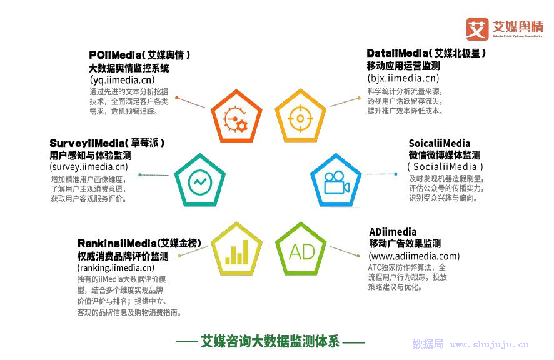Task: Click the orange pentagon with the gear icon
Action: (x=236, y=116)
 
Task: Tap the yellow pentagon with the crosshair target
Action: (x=300, y=116)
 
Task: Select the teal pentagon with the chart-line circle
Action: (x=200, y=181)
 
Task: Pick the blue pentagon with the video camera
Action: (x=336, y=181)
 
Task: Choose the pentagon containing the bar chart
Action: (x=236, y=249)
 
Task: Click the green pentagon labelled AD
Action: (x=301, y=249)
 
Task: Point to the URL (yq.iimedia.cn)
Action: (x=123, y=80)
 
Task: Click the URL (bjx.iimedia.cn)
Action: (x=403, y=78)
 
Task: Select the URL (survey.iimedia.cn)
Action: (x=89, y=166)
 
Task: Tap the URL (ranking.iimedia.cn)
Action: (x=116, y=267)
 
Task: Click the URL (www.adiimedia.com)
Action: (x=414, y=256)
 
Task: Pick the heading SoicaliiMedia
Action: (x=440, y=143)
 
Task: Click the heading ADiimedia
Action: (x=393, y=232)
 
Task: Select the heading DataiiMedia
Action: (x=397, y=53)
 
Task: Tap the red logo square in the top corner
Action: (x=477, y=29)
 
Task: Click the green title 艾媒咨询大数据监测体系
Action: (x=270, y=341)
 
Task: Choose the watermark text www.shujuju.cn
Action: (x=490, y=344)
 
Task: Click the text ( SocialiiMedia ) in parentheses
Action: (x=445, y=166)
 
